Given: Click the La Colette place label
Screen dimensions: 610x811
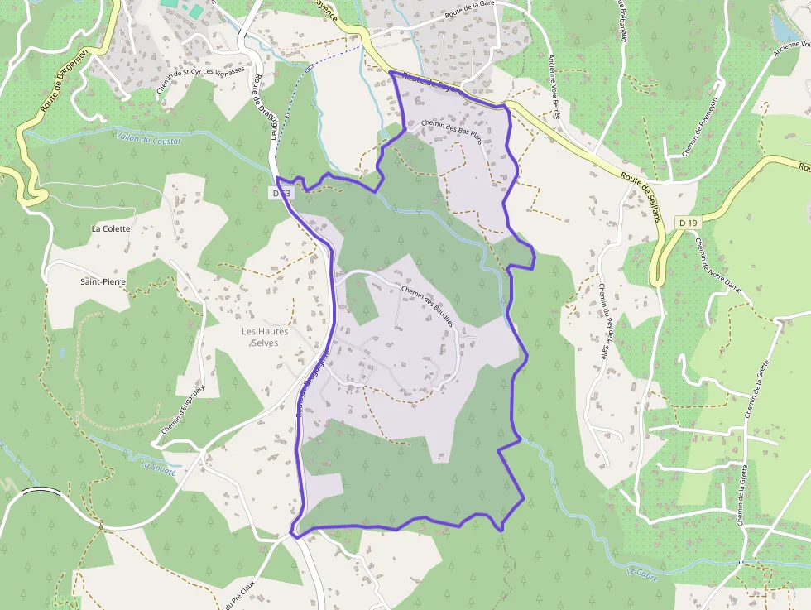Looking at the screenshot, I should [111, 228].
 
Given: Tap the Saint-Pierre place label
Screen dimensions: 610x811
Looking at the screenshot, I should [103, 282].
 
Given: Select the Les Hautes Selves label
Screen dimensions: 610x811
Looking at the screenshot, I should [266, 337].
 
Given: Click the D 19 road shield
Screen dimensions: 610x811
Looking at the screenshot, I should [687, 223].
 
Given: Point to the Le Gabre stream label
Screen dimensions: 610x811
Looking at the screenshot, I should [641, 573].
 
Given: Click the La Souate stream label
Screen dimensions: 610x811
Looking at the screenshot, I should [158, 469].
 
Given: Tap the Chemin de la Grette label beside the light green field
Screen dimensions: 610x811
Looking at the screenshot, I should [755, 388].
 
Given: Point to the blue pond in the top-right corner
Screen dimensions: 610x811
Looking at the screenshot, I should [782, 28].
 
